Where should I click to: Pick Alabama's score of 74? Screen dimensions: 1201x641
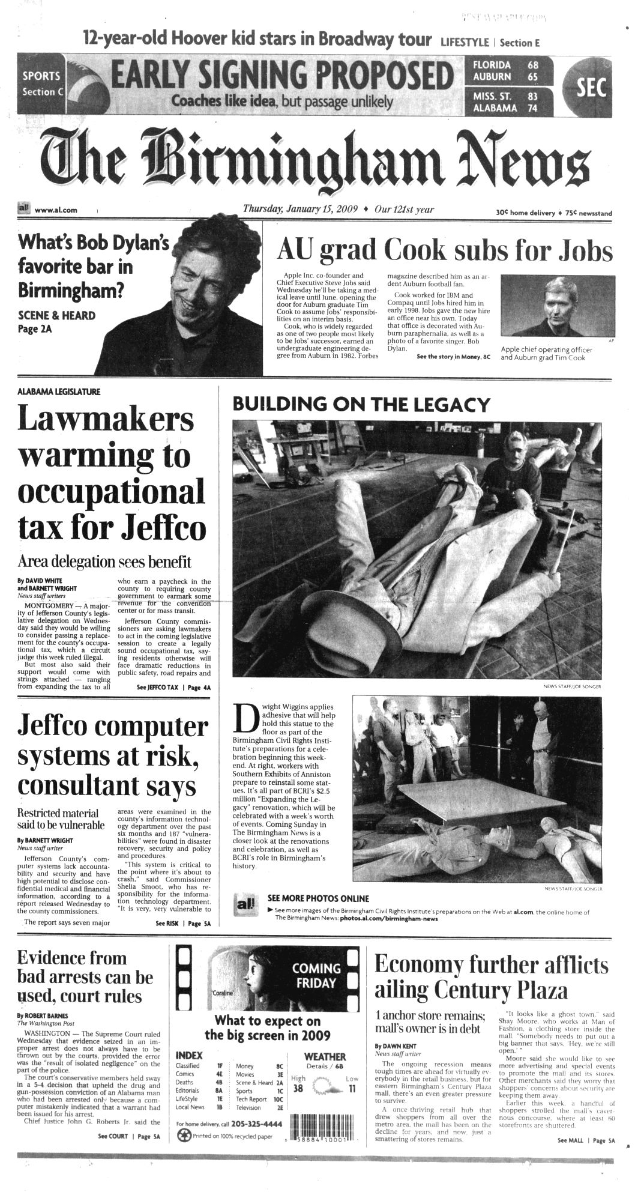tap(532, 108)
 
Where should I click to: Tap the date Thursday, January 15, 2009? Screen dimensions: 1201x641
tap(300, 210)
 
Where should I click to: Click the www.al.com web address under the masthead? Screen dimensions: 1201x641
tap(56, 210)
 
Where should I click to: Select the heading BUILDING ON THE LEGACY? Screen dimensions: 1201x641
tap(361, 404)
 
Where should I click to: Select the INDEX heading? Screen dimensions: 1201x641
tap(189, 1055)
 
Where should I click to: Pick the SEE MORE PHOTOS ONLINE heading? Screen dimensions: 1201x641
tap(317, 899)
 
